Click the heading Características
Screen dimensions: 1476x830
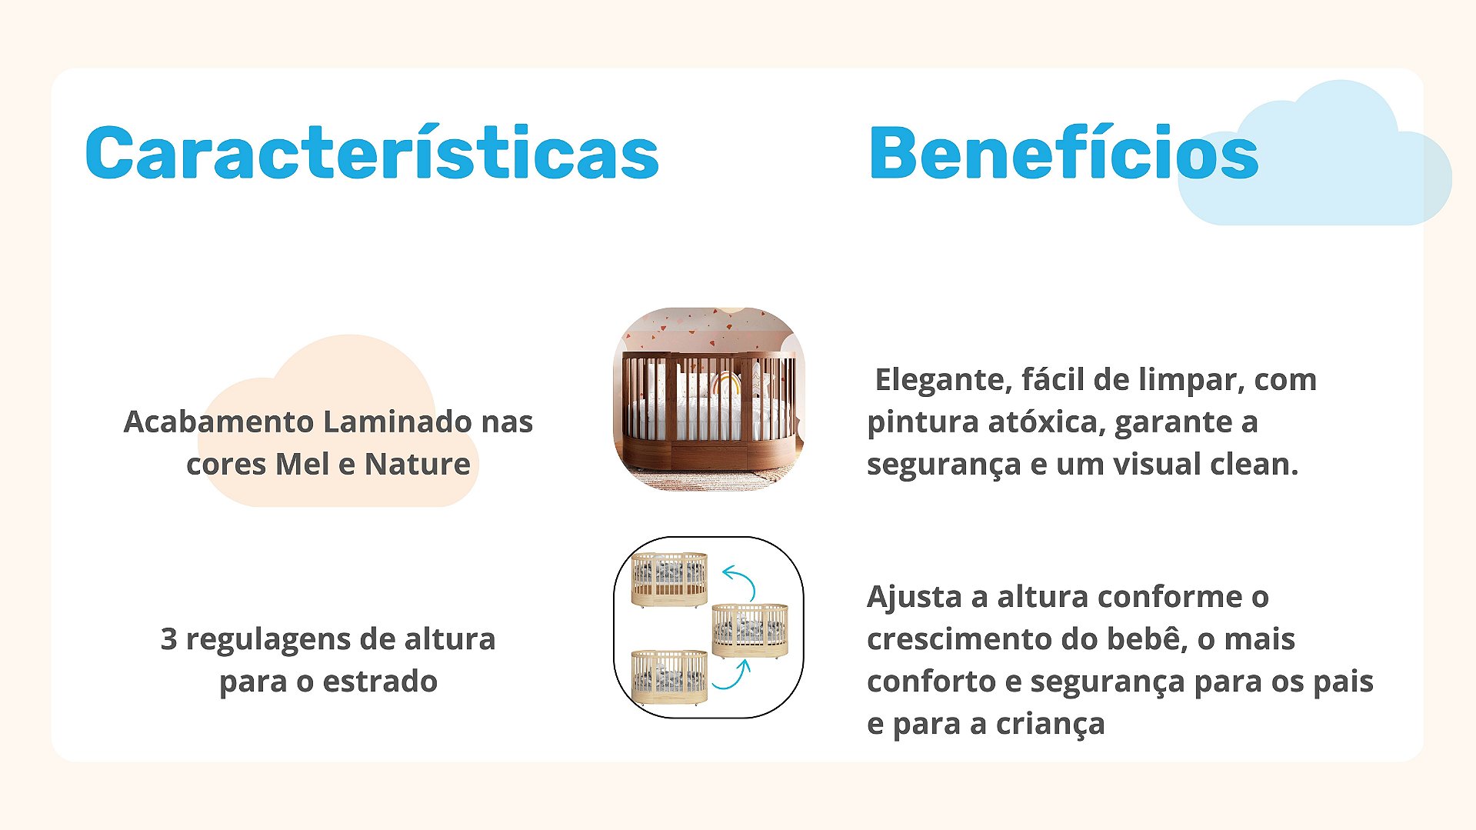click(371, 152)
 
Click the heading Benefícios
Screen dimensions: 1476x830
click(1064, 152)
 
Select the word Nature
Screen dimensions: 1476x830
click(417, 464)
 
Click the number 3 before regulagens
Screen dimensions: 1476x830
click(168, 639)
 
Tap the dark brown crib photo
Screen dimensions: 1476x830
click(709, 399)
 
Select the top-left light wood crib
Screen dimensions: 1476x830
click(669, 578)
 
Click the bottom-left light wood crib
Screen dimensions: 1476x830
click(669, 677)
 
